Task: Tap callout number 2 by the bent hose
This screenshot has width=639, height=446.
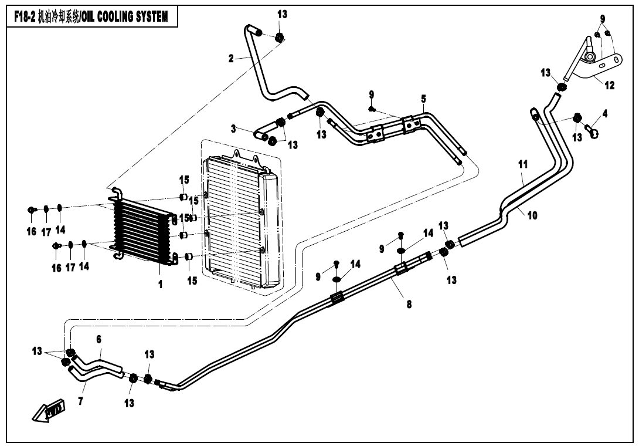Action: pyautogui.click(x=231, y=58)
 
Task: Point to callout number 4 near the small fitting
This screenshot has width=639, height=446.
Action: pyautogui.click(x=604, y=114)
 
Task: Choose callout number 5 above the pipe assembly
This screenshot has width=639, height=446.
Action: pyautogui.click(x=423, y=99)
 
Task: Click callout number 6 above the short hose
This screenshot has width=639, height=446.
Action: pyautogui.click(x=99, y=339)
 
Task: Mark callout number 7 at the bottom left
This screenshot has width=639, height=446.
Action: pyautogui.click(x=81, y=401)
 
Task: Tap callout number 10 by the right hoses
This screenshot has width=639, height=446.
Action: pyautogui.click(x=532, y=215)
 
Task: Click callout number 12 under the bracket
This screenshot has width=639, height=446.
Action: pyautogui.click(x=609, y=86)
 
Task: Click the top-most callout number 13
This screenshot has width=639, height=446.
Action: pyautogui.click(x=283, y=14)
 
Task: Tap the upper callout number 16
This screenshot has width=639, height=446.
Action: pyautogui.click(x=32, y=232)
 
